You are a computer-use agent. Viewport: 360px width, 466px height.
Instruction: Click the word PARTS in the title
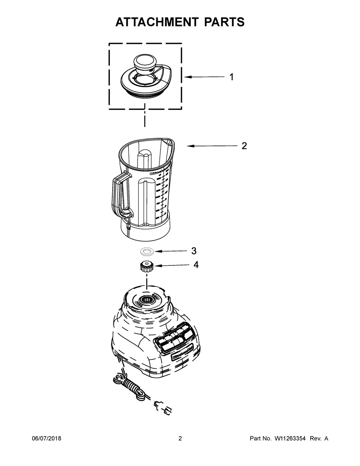[224, 22]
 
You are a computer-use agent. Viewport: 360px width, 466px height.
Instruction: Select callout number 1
[231, 77]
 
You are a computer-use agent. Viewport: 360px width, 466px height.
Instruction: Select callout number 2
[244, 146]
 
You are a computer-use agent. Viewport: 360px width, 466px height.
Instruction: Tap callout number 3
[194, 251]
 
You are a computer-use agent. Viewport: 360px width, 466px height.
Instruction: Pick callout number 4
[196, 265]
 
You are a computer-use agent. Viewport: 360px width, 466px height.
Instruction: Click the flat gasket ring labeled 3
[147, 251]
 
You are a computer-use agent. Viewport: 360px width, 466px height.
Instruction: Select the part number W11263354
[290, 438]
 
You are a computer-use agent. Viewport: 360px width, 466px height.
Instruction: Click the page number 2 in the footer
[180, 438]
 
